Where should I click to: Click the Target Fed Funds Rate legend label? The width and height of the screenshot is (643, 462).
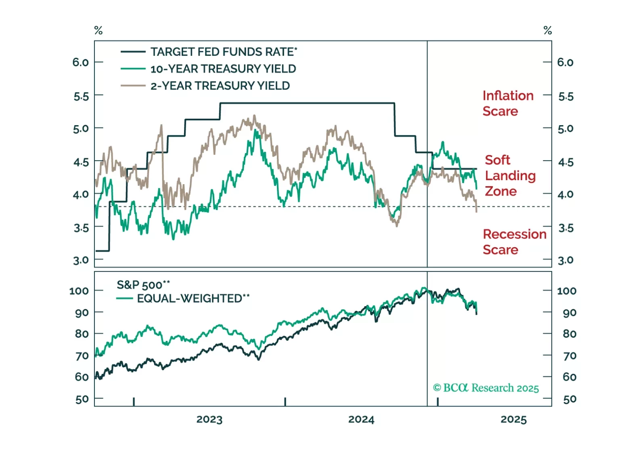(x=224, y=52)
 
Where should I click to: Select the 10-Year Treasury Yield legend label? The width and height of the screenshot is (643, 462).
(x=223, y=69)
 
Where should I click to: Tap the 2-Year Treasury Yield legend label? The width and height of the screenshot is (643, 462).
(x=220, y=86)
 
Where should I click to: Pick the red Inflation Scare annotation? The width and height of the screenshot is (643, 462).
(x=508, y=103)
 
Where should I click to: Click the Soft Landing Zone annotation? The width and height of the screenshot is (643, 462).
(x=510, y=176)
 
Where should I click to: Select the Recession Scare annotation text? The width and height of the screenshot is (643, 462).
(x=514, y=242)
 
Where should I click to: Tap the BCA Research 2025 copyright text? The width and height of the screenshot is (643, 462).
(x=486, y=388)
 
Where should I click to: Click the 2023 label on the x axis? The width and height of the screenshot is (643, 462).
(x=209, y=420)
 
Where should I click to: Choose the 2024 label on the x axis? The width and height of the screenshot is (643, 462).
(x=361, y=420)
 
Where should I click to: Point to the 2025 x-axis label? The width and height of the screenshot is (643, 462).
(x=513, y=420)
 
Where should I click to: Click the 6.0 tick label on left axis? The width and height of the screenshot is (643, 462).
(x=81, y=62)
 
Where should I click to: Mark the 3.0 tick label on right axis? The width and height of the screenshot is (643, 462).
(x=566, y=260)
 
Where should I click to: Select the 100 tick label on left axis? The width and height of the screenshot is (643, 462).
(x=79, y=291)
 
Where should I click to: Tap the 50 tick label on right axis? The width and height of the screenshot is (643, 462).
(x=570, y=399)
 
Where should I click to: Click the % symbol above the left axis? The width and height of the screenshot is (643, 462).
(x=98, y=30)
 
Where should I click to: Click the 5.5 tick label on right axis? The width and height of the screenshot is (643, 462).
(x=566, y=97)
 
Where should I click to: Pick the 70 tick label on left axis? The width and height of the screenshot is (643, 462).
(x=82, y=356)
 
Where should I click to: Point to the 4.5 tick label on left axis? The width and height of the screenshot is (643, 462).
(x=81, y=162)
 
